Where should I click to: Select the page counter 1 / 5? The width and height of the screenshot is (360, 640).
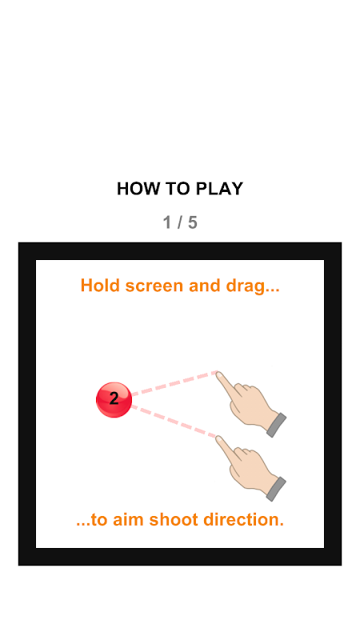point(180,223)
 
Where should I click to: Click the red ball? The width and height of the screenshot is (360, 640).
point(114,400)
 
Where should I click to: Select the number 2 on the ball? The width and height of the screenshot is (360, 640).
point(114,398)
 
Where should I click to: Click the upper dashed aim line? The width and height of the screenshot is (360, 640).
point(174,383)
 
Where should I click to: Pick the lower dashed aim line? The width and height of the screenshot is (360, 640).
point(174,422)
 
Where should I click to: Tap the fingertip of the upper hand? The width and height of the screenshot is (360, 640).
point(218,374)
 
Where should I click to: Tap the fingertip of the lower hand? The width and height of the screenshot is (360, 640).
point(218,438)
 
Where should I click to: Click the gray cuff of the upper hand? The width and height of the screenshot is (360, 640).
point(276,425)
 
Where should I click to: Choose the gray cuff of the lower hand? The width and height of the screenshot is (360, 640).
point(276,489)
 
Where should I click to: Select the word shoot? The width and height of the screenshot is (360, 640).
point(174,520)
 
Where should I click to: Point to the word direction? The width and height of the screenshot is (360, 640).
point(242,520)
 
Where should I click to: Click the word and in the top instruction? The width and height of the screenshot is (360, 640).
point(205,286)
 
